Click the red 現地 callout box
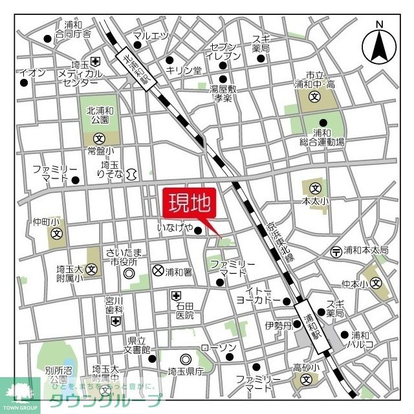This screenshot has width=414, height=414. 190,204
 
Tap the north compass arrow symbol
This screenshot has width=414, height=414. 380,45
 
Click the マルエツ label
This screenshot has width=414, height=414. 150,36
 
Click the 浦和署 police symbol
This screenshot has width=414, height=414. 157,271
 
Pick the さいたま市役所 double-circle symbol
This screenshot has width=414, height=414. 128,274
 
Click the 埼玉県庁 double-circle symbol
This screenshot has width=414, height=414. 186,359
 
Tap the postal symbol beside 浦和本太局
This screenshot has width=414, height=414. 336,251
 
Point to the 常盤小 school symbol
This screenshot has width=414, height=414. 100,138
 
